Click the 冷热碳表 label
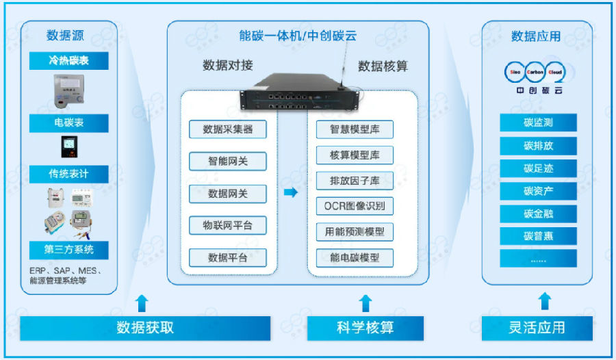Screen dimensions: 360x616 click(x=68, y=61)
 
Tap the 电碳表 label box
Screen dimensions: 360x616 click(x=68, y=124)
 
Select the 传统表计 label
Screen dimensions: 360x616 click(x=68, y=174)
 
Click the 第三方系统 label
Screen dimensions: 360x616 click(x=68, y=249)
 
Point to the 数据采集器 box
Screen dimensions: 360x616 click(x=228, y=129)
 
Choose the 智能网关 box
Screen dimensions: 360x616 click(x=228, y=162)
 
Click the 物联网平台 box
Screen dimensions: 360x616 click(x=228, y=225)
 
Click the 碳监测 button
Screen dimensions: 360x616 click(x=538, y=123)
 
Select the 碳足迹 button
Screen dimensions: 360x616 click(x=538, y=168)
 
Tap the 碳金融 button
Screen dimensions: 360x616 click(x=538, y=214)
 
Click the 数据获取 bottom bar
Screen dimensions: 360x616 click(x=145, y=328)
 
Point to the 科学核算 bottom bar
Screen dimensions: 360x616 click(x=365, y=328)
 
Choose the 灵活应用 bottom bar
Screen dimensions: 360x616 click(x=537, y=328)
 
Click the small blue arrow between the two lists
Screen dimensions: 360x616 click(x=291, y=193)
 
